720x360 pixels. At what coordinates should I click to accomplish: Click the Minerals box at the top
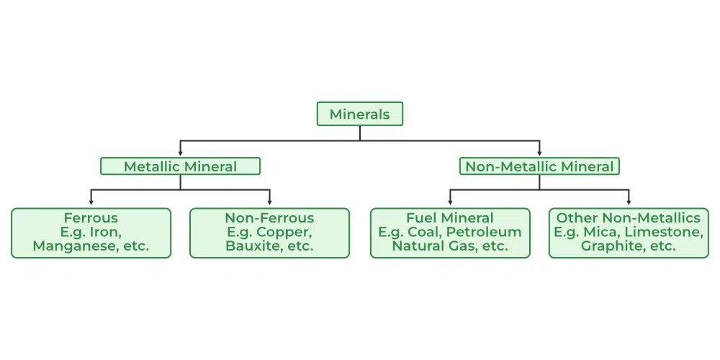(x=359, y=114)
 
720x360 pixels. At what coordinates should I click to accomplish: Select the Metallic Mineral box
(x=180, y=166)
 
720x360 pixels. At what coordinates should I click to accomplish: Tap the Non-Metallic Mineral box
(x=539, y=166)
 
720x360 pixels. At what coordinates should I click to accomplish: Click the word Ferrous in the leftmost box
(x=91, y=217)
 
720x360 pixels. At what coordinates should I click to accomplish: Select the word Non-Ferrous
(x=269, y=217)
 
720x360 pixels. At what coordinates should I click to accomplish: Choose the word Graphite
(x=610, y=246)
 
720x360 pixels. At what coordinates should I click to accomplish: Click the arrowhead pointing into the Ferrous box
(x=91, y=202)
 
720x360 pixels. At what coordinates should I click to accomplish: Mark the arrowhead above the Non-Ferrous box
(x=269, y=202)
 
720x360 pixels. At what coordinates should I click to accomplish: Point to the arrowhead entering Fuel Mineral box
(x=450, y=202)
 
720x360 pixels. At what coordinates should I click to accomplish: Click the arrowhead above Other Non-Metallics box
(x=629, y=202)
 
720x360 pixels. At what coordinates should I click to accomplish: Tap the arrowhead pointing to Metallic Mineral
(x=180, y=153)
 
